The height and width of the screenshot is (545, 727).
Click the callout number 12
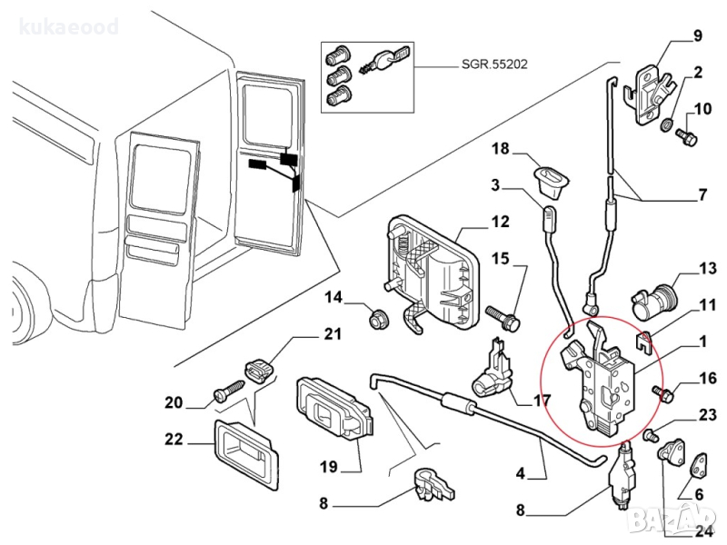pyautogui.click(x=501, y=222)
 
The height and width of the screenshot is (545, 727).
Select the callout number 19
pyautogui.click(x=328, y=467)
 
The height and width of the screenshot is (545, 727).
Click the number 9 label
pyautogui.click(x=698, y=36)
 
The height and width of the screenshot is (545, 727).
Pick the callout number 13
pyautogui.click(x=708, y=268)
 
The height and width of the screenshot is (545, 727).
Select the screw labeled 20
pyautogui.click(x=225, y=392)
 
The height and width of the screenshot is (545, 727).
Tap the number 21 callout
pyautogui.click(x=333, y=334)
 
